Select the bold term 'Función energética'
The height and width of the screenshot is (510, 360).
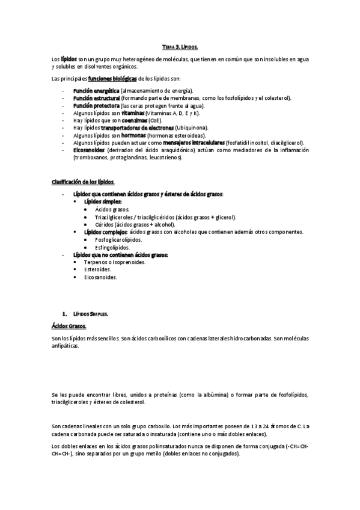(x=96, y=90)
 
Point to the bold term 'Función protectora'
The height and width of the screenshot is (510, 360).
(x=96, y=105)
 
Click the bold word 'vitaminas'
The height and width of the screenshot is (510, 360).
(x=133, y=112)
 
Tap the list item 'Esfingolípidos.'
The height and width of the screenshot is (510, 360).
(x=112, y=247)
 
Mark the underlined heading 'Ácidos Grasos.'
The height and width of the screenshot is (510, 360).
(x=69, y=326)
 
